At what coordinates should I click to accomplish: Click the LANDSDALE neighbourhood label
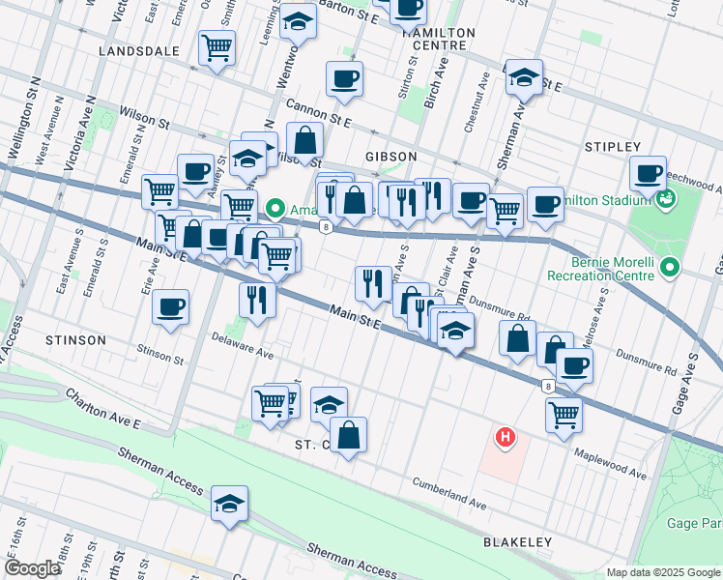138,50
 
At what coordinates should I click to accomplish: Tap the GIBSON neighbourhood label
391,157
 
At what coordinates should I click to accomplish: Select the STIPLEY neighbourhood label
613,147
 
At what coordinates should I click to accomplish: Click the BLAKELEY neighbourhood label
517,543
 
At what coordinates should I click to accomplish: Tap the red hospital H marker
505,438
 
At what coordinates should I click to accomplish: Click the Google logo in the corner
32,568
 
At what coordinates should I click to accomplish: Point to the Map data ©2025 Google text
663,572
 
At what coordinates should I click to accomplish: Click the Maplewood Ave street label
611,463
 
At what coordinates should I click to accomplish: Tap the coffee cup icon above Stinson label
171,307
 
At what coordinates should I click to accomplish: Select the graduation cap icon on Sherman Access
230,504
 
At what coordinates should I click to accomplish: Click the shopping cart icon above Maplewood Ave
564,415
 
